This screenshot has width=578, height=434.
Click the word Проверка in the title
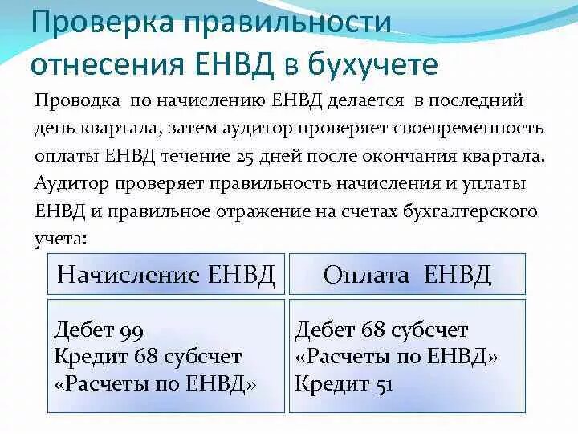pos(101,23)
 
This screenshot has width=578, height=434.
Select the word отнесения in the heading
pos(96,63)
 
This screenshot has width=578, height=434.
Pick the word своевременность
pos(473,128)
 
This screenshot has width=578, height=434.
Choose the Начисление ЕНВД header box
pos(166,275)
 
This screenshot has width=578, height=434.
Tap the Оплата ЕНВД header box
pos(407,275)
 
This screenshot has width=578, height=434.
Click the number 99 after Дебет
pos(130,330)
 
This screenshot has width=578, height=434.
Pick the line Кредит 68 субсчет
pos(148,357)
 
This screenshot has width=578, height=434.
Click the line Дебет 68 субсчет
pos(381,330)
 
